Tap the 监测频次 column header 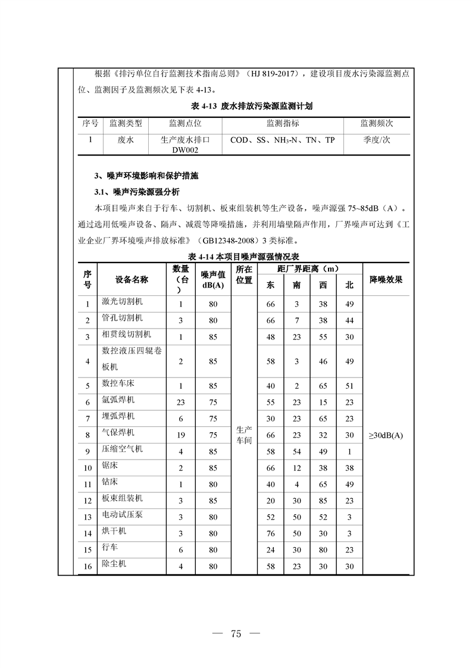tap(377, 124)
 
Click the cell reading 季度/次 tap(377, 141)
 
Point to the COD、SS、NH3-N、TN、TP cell tap(283, 141)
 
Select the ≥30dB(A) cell tap(386, 435)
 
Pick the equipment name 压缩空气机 tap(123, 450)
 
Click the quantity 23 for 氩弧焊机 tap(181, 402)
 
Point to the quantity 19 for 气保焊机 tap(181, 435)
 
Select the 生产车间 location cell tap(244, 435)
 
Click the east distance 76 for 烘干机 tap(271, 533)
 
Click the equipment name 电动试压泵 tap(123, 516)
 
